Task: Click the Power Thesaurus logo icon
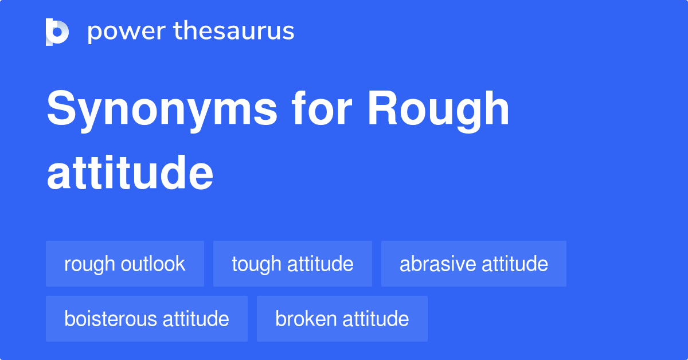(x=57, y=32)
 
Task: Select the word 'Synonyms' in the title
(x=162, y=110)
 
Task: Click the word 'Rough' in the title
(x=439, y=110)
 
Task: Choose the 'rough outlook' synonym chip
(x=125, y=264)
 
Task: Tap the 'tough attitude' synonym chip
(x=292, y=264)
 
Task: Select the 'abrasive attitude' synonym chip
(x=474, y=264)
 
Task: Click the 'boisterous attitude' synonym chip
(x=147, y=319)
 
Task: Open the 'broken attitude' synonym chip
(x=342, y=319)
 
